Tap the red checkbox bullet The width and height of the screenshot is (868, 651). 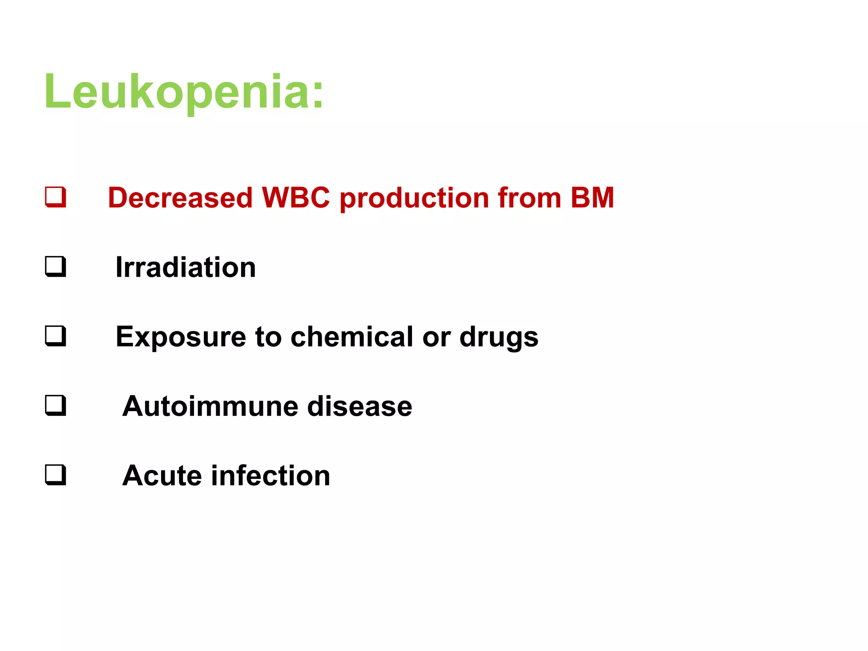(56, 197)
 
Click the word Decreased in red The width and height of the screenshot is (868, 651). (180, 198)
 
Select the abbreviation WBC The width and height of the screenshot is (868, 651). (296, 198)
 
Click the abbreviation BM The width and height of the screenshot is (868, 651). (592, 198)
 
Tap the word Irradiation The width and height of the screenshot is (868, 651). (186, 267)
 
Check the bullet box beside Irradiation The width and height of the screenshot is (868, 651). (56, 267)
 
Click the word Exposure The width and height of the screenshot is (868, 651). (181, 337)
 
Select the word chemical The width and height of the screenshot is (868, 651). (352, 337)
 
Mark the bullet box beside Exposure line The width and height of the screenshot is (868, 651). (56, 336)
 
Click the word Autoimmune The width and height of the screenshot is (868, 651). (210, 406)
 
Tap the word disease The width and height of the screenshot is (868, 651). (359, 406)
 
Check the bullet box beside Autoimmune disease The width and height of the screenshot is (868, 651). (56, 406)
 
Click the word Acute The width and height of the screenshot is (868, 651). (161, 476)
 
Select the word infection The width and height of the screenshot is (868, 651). (270, 476)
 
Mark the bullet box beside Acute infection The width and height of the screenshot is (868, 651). (56, 475)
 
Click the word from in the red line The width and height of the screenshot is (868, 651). (529, 198)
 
